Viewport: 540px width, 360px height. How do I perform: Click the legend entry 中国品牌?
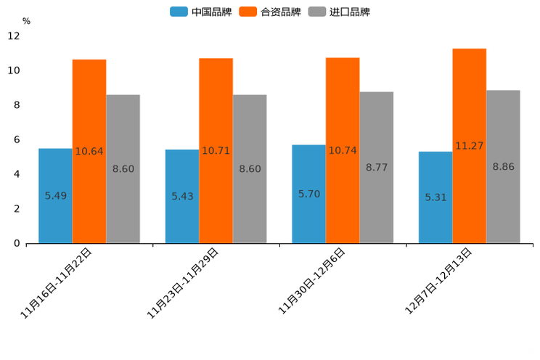tap(202, 12)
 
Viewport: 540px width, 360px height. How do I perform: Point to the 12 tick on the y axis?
tap(14, 36)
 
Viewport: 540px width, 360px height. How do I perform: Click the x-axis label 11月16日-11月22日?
tap(57, 283)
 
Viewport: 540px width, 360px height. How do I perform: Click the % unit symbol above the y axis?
tap(26, 21)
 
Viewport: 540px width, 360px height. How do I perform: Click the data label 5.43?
tap(182, 197)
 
